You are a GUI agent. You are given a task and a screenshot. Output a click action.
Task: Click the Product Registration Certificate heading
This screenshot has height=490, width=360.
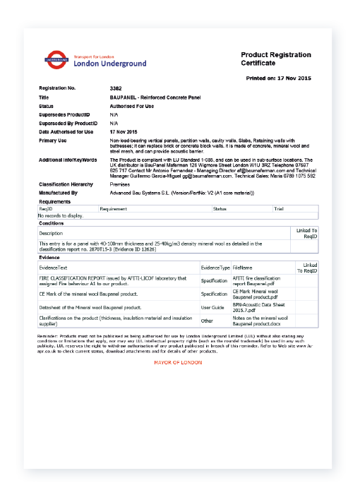click(276, 59)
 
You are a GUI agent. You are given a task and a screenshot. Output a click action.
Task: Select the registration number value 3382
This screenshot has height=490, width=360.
click(116, 88)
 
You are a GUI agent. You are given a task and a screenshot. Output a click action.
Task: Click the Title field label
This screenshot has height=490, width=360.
click(44, 97)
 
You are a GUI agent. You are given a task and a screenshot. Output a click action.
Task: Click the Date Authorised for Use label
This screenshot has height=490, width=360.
click(66, 132)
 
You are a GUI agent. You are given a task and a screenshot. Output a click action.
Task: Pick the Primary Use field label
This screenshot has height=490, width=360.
click(52, 141)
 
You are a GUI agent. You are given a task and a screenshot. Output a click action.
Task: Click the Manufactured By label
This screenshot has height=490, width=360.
click(58, 192)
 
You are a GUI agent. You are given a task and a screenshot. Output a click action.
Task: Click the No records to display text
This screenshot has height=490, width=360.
click(61, 215)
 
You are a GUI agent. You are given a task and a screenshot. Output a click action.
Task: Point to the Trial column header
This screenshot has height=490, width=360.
click(278, 209)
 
